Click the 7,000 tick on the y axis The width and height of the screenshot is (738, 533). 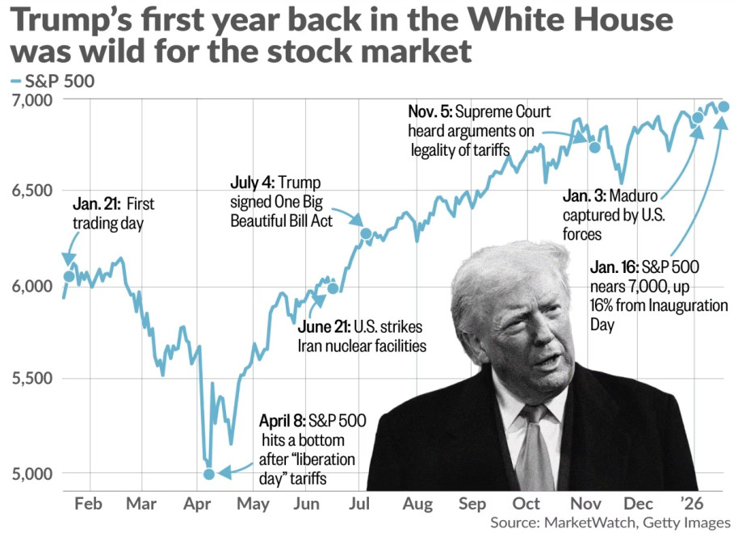[x=30, y=99]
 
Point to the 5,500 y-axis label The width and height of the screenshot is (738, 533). [x=30, y=379]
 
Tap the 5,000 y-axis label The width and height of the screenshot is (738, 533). [x=30, y=473]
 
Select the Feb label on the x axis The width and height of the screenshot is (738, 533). [x=87, y=504]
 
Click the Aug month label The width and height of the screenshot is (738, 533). [x=417, y=504]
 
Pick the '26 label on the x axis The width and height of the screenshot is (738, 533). [x=693, y=504]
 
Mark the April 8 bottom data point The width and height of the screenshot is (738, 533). [x=209, y=474]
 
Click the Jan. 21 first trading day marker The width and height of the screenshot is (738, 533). [x=69, y=277]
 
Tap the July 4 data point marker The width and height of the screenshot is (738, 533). [x=366, y=234]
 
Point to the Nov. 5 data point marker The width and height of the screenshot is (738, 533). [x=595, y=147]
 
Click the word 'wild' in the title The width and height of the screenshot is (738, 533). [x=99, y=51]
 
